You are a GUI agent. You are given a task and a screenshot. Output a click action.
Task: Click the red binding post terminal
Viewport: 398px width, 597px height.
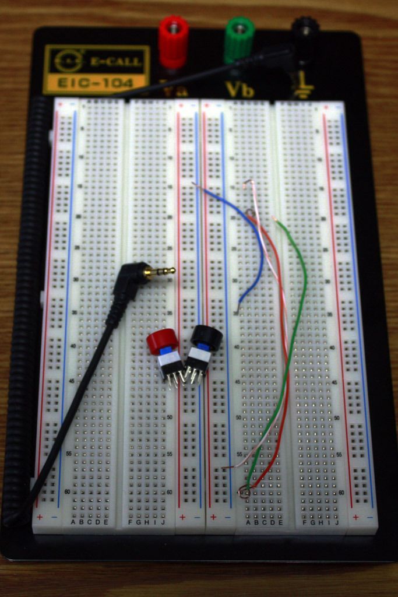(x=174, y=41)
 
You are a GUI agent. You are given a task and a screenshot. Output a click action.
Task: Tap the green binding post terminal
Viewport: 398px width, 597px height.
(x=239, y=38)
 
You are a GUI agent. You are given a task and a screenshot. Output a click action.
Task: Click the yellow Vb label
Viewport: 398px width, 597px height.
(x=239, y=89)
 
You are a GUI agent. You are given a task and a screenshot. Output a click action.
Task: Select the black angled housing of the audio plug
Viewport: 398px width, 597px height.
(x=127, y=280)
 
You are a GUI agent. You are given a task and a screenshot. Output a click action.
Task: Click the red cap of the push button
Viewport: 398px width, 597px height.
(x=162, y=341)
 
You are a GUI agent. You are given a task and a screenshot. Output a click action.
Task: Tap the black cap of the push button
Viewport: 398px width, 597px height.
(x=207, y=337)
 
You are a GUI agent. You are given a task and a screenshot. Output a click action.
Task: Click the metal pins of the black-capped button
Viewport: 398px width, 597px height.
(x=193, y=376)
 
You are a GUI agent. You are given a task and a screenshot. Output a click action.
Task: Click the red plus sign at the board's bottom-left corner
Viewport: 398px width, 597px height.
(x=40, y=518)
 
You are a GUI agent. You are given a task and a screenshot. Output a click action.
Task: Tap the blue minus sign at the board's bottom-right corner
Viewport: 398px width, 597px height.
(x=369, y=518)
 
